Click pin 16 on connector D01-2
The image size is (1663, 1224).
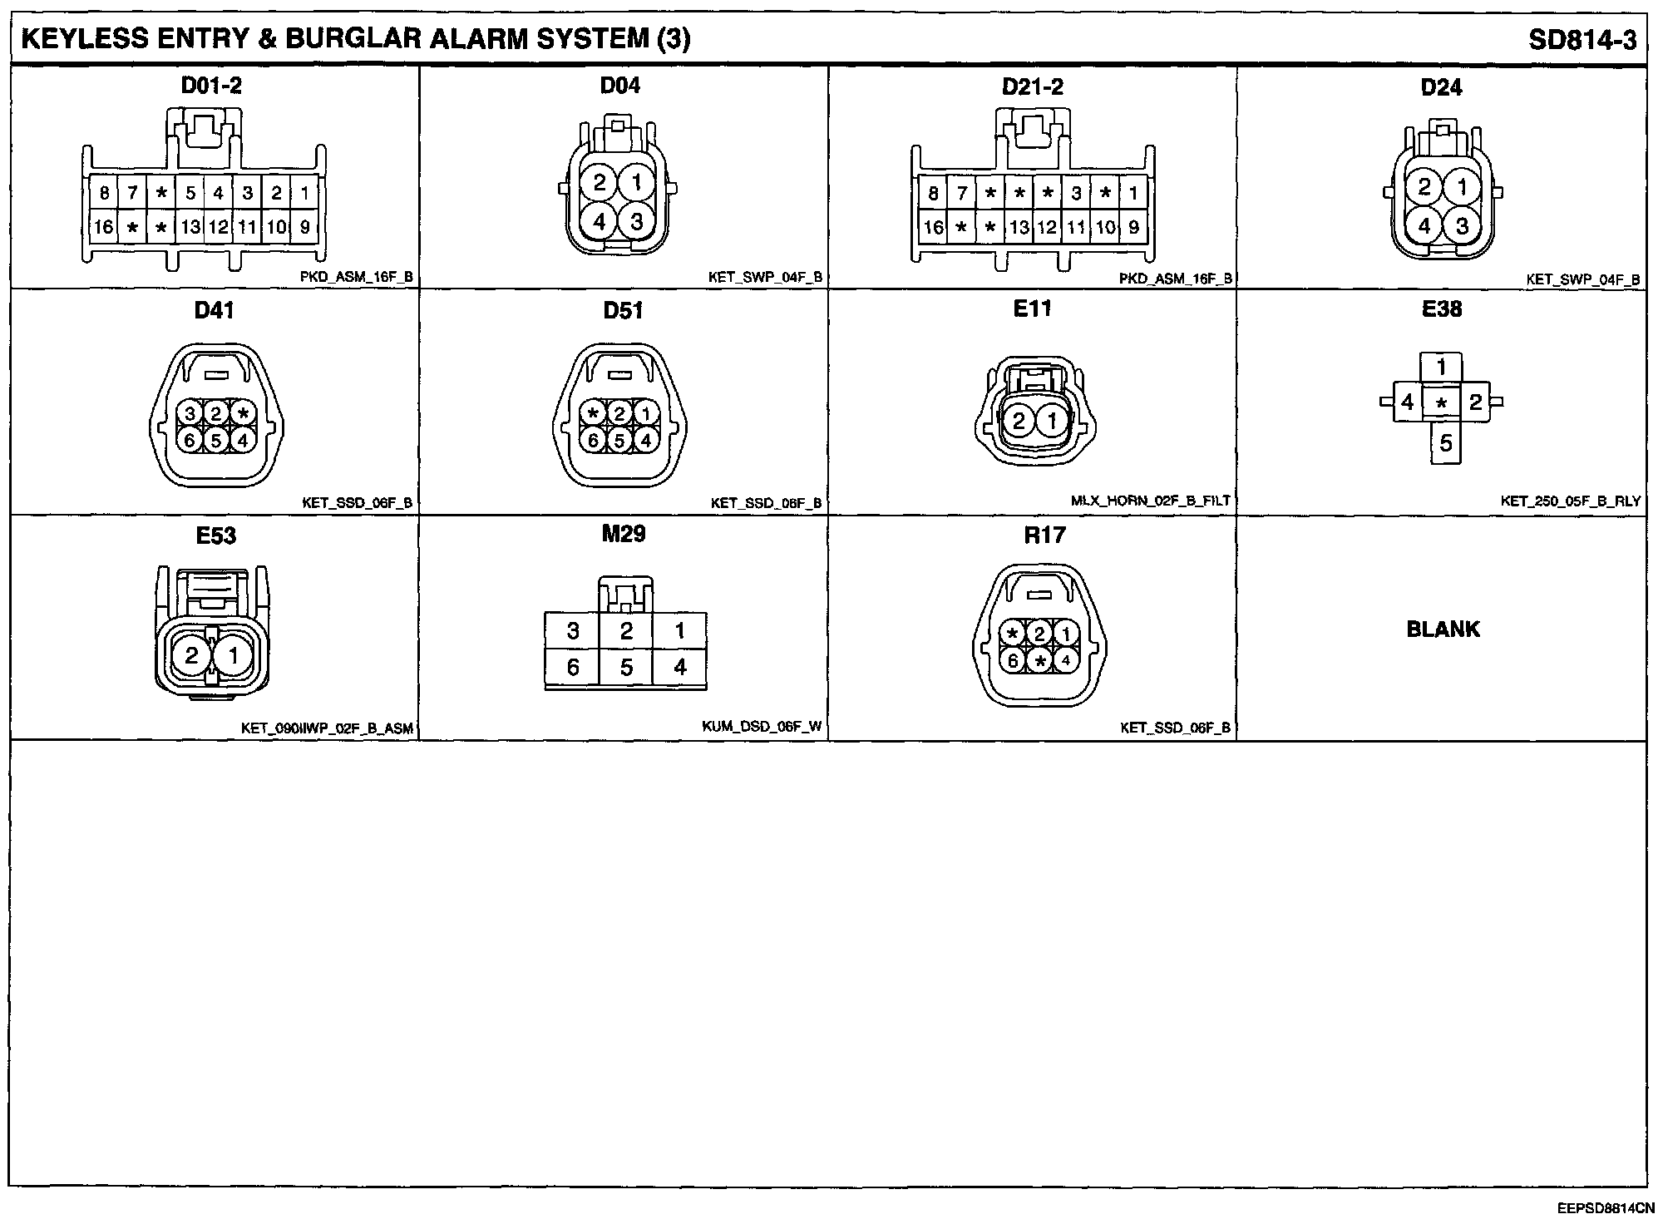(103, 227)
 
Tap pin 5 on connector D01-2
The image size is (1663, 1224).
(190, 194)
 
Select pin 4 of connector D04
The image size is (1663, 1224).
(600, 221)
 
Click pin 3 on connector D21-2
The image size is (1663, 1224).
(1076, 194)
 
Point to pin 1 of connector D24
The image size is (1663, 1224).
(1462, 186)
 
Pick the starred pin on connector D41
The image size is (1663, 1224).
(243, 413)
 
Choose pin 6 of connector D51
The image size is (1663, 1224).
(594, 441)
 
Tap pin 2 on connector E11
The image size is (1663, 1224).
(1019, 422)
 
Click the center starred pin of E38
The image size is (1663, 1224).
(1442, 403)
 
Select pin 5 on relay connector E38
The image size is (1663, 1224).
(1446, 443)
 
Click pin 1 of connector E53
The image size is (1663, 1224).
(234, 657)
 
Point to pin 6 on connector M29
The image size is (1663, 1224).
(573, 667)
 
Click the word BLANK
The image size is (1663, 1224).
(1443, 629)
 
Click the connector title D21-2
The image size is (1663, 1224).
(1032, 87)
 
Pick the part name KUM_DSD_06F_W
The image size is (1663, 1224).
(761, 728)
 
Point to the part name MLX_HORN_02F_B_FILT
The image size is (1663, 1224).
(1150, 501)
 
